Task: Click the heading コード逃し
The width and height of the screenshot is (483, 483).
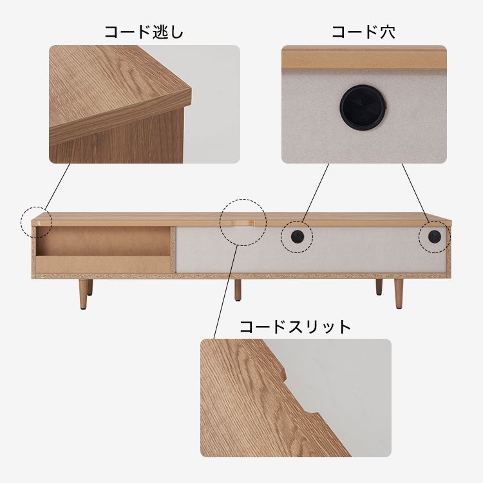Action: tap(144, 32)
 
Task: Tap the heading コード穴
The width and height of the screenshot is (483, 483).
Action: tap(364, 32)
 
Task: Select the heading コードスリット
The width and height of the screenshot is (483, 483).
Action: tap(296, 327)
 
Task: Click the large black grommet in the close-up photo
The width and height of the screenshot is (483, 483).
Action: tap(363, 106)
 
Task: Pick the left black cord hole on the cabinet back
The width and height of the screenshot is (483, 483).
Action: tap(298, 236)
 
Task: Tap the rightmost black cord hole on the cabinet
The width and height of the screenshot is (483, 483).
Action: tap(434, 236)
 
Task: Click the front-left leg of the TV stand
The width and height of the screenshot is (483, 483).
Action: tap(83, 294)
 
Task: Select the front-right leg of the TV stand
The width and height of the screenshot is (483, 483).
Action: tap(399, 294)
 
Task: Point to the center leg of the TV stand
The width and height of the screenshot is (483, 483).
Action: tap(238, 290)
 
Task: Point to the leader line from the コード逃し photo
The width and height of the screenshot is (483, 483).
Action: tap(57, 187)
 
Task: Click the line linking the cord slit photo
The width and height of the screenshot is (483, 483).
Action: tap(226, 292)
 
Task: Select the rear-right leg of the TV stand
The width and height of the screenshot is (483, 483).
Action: tap(379, 287)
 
